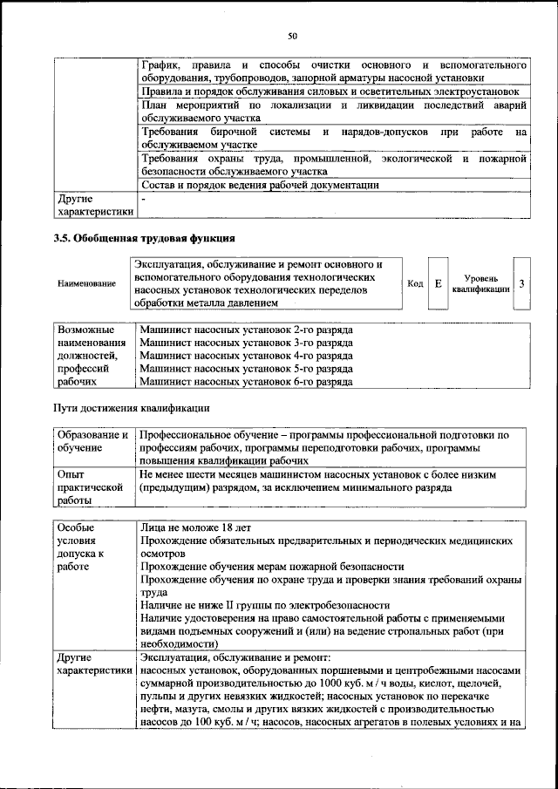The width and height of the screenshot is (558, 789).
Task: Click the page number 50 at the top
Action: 292,36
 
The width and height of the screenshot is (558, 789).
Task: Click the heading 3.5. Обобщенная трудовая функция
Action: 144,238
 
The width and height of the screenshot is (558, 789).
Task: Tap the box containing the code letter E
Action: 439,284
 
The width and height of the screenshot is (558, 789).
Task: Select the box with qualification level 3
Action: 521,284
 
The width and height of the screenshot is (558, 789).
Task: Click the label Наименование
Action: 86,284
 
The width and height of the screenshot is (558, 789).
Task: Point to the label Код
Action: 415,284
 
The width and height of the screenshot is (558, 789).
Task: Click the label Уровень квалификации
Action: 481,284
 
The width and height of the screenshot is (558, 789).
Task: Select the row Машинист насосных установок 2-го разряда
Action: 246,330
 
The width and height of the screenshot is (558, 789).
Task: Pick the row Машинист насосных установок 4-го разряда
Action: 246,356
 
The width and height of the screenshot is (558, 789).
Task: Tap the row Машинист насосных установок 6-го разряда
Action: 246,381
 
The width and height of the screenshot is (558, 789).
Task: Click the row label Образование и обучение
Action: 92,440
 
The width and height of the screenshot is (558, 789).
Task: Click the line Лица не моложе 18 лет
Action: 194,527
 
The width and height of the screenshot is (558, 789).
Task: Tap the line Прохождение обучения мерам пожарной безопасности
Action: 271,565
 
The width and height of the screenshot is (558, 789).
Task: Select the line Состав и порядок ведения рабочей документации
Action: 259,184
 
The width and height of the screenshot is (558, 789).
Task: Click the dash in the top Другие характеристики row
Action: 142,198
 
